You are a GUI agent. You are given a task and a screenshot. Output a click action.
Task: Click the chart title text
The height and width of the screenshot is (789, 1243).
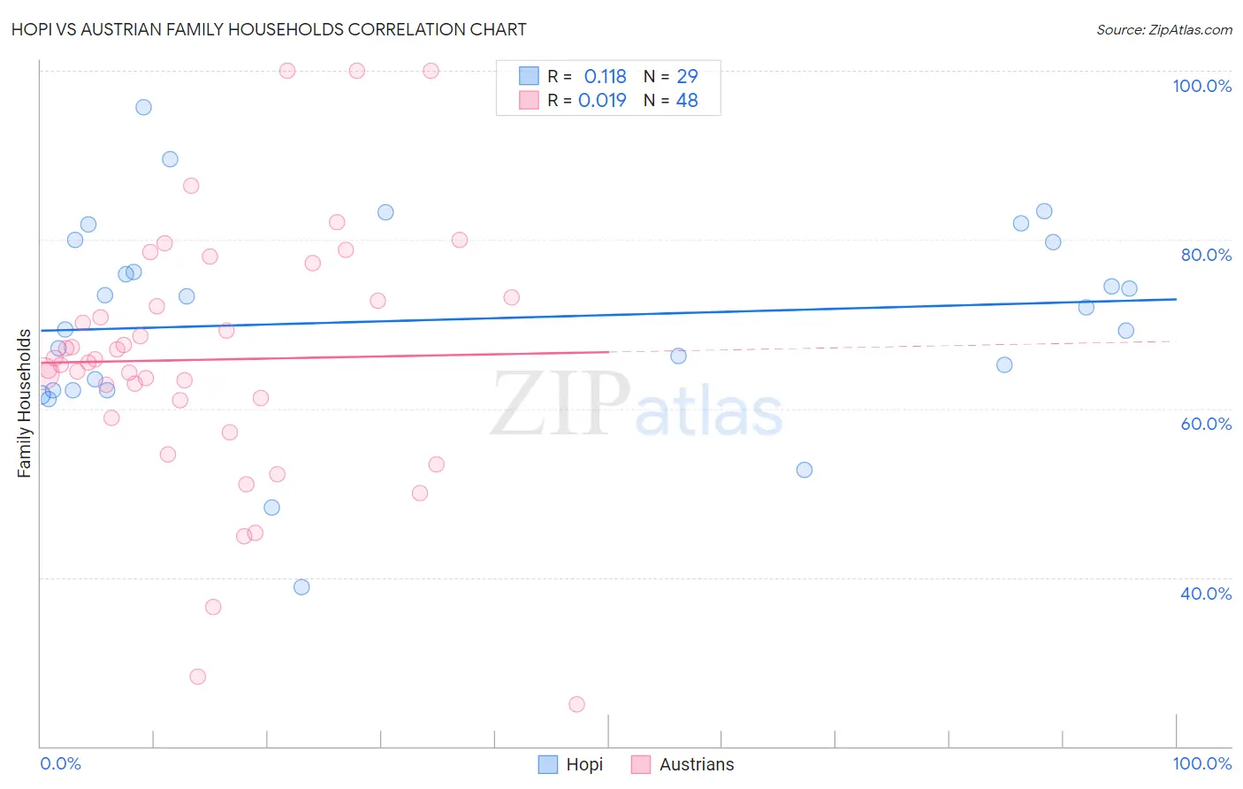269,30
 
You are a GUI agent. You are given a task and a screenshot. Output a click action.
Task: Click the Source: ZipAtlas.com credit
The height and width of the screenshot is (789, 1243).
1163,30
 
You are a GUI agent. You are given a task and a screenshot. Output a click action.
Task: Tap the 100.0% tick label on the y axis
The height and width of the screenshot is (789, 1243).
1201,86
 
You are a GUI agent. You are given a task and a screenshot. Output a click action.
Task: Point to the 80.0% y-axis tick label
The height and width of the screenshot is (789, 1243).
1206,255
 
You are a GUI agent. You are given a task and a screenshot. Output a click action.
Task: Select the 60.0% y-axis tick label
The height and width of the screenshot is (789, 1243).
1206,424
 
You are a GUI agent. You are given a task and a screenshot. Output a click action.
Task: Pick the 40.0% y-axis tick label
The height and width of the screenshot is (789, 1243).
1206,594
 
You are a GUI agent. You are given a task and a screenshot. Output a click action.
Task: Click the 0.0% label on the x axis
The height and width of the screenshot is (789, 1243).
60,763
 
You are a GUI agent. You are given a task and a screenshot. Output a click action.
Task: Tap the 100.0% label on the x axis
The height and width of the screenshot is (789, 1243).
1201,763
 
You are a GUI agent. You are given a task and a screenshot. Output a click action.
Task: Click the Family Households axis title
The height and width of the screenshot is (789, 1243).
25,403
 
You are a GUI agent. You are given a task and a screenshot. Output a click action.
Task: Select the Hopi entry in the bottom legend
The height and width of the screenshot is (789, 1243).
571,764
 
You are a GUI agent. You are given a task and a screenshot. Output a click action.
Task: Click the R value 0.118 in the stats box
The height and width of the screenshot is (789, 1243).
605,77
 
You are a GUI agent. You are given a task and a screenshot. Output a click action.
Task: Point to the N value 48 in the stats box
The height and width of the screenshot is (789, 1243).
687,101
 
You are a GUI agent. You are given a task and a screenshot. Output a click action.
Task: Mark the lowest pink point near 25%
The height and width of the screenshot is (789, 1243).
576,704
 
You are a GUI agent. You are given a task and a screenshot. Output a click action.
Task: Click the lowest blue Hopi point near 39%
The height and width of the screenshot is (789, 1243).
301,587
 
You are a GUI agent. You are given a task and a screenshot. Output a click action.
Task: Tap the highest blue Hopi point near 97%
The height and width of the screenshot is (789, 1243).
143,107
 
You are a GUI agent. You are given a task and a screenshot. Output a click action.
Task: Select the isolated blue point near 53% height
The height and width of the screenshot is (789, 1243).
805,470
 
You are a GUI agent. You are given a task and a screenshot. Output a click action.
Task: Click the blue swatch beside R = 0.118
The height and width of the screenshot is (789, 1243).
529,76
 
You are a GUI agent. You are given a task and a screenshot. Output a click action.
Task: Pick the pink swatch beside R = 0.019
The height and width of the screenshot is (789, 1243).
529,100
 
